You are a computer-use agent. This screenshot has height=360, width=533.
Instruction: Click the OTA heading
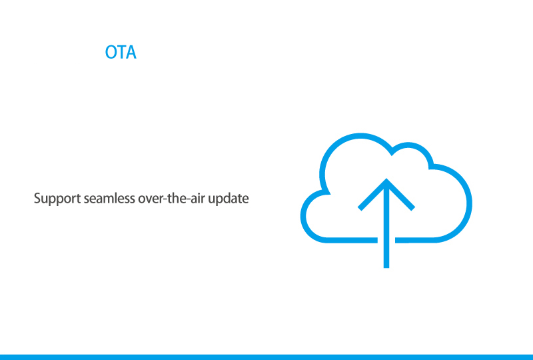(x=121, y=52)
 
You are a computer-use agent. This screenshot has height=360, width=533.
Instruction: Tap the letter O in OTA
(x=111, y=52)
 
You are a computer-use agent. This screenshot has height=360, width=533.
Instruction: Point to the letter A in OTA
(x=131, y=52)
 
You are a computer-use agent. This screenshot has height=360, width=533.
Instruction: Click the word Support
(x=57, y=199)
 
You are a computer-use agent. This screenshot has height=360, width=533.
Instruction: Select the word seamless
(x=109, y=198)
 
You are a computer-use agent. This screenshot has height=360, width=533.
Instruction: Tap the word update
(x=229, y=199)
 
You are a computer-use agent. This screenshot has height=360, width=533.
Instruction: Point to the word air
(x=197, y=198)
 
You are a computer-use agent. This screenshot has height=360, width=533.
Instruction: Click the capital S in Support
(x=37, y=198)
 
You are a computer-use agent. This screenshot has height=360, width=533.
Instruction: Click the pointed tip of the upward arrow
(x=386, y=179)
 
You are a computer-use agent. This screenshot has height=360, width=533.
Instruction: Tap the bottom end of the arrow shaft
(x=386, y=267)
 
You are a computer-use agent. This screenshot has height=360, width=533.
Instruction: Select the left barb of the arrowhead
(x=372, y=195)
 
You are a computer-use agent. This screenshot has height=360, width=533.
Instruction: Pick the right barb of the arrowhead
(x=401, y=195)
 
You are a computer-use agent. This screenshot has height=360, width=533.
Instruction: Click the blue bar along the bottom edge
(x=266, y=357)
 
